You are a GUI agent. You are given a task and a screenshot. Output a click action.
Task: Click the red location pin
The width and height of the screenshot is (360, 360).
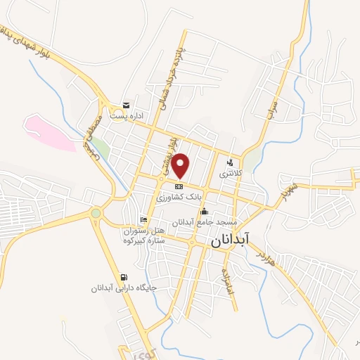(181, 165)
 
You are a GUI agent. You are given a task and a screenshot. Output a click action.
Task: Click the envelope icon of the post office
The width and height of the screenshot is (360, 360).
(126, 105)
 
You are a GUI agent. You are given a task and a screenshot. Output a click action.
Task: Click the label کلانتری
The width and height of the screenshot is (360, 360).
(230, 172)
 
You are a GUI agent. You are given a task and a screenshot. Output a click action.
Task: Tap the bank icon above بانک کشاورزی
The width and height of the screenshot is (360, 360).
(179, 186)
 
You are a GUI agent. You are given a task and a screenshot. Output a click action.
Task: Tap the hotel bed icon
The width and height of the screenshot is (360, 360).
(143, 219)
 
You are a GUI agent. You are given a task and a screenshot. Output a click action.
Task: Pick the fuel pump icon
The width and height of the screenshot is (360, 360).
(125, 277)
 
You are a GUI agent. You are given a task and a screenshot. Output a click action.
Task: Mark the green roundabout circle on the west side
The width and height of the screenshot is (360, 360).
(96, 212)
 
